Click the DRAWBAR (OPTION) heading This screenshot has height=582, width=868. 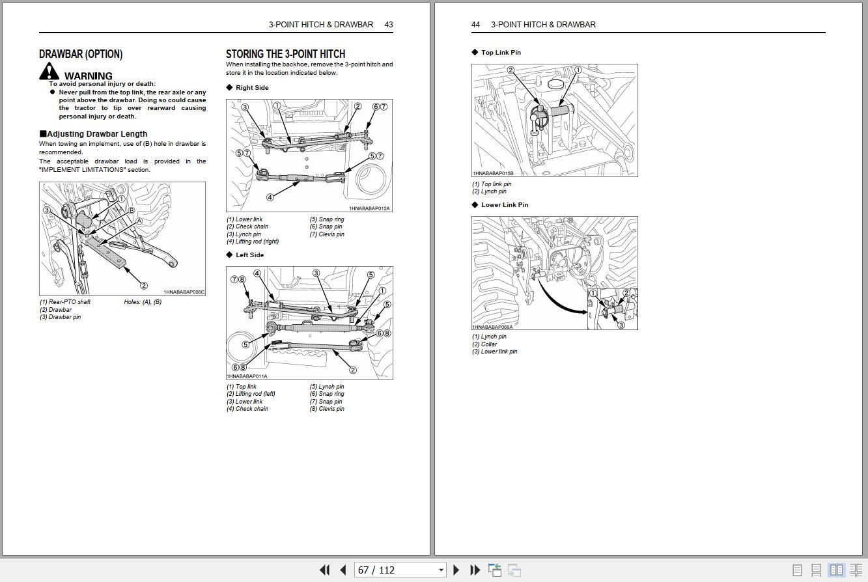point(81,54)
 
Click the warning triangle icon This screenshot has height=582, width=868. point(49,72)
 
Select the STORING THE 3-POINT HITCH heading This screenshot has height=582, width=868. point(285,54)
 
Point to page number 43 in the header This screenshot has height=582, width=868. point(388,25)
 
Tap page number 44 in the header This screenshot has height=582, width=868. point(475,25)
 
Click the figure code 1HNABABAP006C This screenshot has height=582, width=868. point(184,292)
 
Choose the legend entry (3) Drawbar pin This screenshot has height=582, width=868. point(61,317)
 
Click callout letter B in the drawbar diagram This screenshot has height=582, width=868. point(132,211)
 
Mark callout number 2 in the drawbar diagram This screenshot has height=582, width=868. point(144,285)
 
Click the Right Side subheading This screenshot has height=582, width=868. point(251,88)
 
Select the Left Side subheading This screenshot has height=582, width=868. point(249,255)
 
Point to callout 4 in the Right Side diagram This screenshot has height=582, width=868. point(270,197)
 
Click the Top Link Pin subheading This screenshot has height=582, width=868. point(501,53)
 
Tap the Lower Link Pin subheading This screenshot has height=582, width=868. point(505,205)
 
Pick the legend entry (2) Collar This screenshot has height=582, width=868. point(484,344)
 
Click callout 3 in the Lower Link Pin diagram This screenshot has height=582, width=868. point(621,325)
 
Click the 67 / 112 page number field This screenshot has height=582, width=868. point(399,570)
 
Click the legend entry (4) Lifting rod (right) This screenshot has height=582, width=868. point(253,242)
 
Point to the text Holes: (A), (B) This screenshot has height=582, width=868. point(143,302)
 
